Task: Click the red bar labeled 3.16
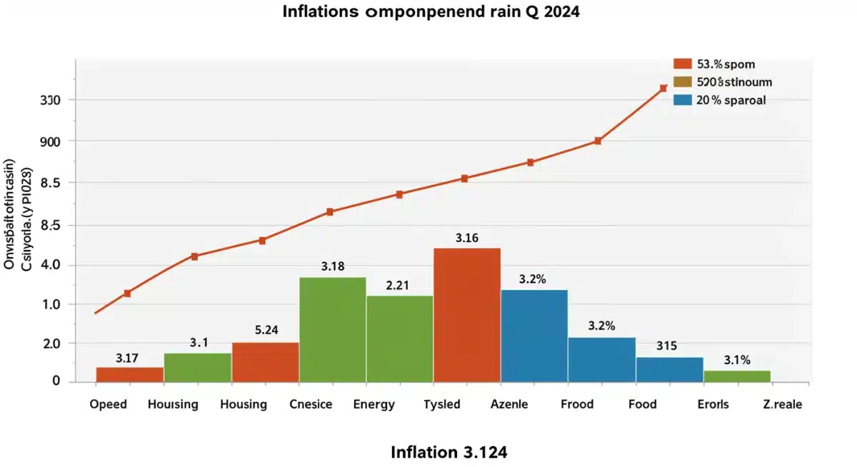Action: pos(467,315)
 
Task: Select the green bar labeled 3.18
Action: pos(332,329)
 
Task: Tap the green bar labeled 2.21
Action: pos(399,338)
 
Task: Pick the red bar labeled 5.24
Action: pos(265,362)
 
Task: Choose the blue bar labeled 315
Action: pos(669,369)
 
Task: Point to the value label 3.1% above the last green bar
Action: pos(737,361)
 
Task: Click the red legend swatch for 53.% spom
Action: pos(683,64)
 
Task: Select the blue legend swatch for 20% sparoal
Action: pos(683,100)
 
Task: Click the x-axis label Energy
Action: pos(374,404)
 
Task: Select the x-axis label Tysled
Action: pos(442,404)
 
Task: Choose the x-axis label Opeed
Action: pos(109,404)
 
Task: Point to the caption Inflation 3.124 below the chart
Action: pos(449,452)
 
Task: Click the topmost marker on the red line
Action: pos(663,89)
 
